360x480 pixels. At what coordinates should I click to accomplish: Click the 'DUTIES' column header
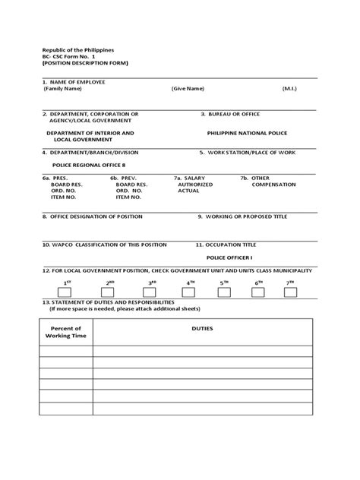(204, 329)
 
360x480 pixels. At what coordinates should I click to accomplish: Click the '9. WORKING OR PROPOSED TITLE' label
(243, 216)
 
